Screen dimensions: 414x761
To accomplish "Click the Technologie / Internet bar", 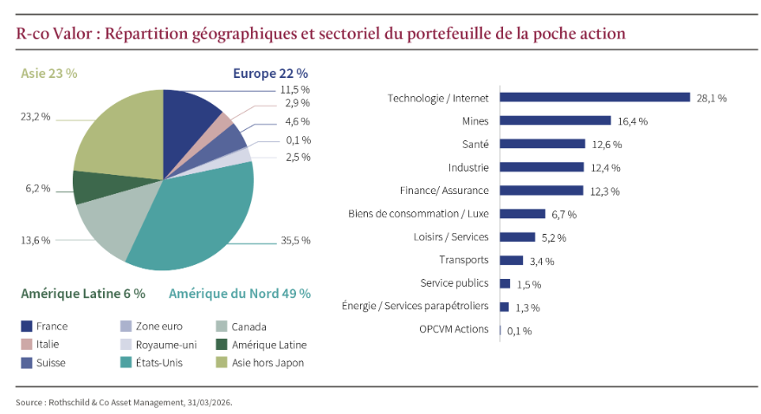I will click(x=595, y=98).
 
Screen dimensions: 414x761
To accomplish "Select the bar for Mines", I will click(x=555, y=121).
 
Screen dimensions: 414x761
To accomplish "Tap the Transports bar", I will click(x=512, y=260).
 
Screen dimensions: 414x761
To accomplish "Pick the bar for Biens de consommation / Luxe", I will click(x=523, y=213).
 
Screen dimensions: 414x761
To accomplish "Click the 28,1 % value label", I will click(x=711, y=99).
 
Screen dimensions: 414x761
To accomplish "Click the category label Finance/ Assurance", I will click(x=444, y=191).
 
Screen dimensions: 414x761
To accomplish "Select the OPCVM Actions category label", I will click(x=454, y=329).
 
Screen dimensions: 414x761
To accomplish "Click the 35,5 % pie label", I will click(x=294, y=240).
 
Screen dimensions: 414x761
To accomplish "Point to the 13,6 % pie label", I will click(x=35, y=240).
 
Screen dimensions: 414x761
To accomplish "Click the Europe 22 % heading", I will click(x=270, y=74).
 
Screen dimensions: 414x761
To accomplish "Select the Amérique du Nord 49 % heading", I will click(x=239, y=294).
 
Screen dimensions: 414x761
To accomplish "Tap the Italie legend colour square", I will click(x=26, y=345).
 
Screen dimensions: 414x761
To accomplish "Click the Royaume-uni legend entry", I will click(x=163, y=345).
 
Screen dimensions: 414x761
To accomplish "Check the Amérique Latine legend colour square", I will click(x=222, y=345).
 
